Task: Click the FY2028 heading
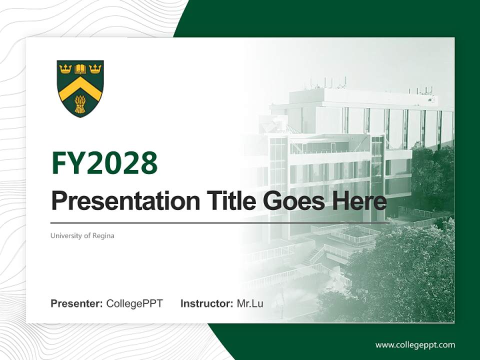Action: (x=104, y=163)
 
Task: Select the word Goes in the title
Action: (x=293, y=201)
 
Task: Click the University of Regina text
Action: (x=82, y=235)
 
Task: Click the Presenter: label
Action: (x=77, y=303)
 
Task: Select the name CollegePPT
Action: (x=134, y=303)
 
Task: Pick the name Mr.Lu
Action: (x=249, y=303)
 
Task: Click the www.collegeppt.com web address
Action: (x=415, y=345)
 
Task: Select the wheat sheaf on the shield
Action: (x=80, y=104)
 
